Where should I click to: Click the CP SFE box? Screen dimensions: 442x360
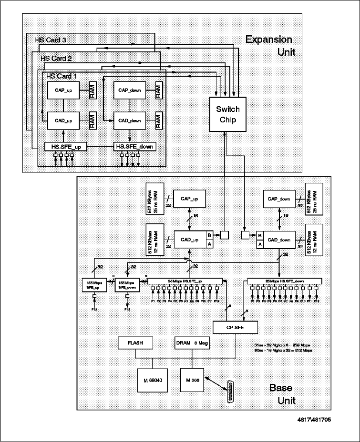click(x=236, y=328)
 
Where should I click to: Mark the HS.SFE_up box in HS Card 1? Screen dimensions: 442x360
click(x=66, y=146)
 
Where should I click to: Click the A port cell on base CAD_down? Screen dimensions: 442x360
click(x=259, y=243)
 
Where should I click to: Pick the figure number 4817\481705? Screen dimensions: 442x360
click(x=312, y=420)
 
